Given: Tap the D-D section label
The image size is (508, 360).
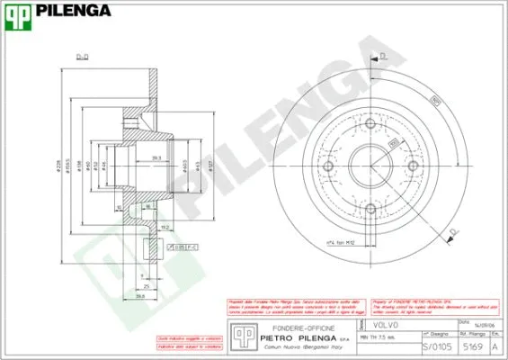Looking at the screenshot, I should coord(82,57).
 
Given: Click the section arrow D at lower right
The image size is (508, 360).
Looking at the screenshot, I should coord(455,231).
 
